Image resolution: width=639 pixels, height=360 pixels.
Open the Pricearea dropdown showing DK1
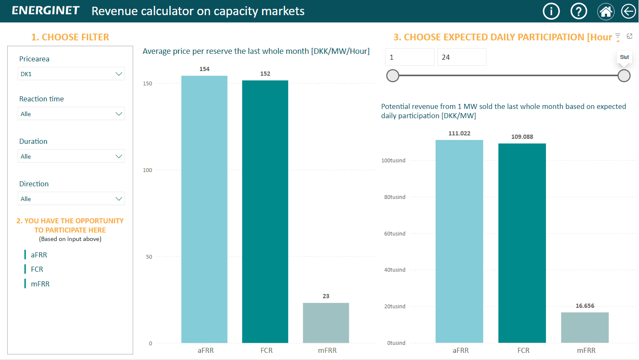[71, 74]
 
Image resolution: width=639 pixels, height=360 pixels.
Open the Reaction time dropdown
[71, 114]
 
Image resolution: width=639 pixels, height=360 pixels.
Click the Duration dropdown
[71, 156]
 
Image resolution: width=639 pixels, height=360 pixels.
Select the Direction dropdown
[71, 199]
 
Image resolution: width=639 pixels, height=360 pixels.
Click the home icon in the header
[606, 11]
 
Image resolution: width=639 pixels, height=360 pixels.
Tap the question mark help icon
[578, 11]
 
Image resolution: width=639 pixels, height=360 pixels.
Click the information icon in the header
[551, 11]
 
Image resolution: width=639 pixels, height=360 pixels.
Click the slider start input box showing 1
[409, 57]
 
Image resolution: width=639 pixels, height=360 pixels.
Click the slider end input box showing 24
[461, 57]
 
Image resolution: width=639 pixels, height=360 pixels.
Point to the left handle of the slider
[392, 76]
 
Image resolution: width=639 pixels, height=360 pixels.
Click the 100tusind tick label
[393, 161]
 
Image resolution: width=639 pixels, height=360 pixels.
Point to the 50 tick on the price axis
[149, 257]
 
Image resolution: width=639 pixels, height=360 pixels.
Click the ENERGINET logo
[45, 11]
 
